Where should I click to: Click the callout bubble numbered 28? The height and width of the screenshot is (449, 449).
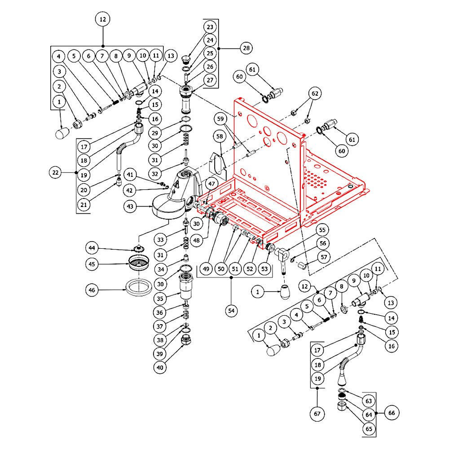(246, 48)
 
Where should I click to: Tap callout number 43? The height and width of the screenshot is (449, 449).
(131, 207)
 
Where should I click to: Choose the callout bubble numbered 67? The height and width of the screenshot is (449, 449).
(317, 412)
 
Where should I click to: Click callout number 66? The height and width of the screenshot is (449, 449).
(392, 413)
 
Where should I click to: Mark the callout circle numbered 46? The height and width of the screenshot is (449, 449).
(93, 290)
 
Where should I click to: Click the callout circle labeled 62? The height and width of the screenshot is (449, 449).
(315, 94)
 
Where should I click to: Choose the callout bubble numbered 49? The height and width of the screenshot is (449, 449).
(206, 269)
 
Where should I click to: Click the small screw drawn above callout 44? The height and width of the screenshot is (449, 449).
(138, 248)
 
